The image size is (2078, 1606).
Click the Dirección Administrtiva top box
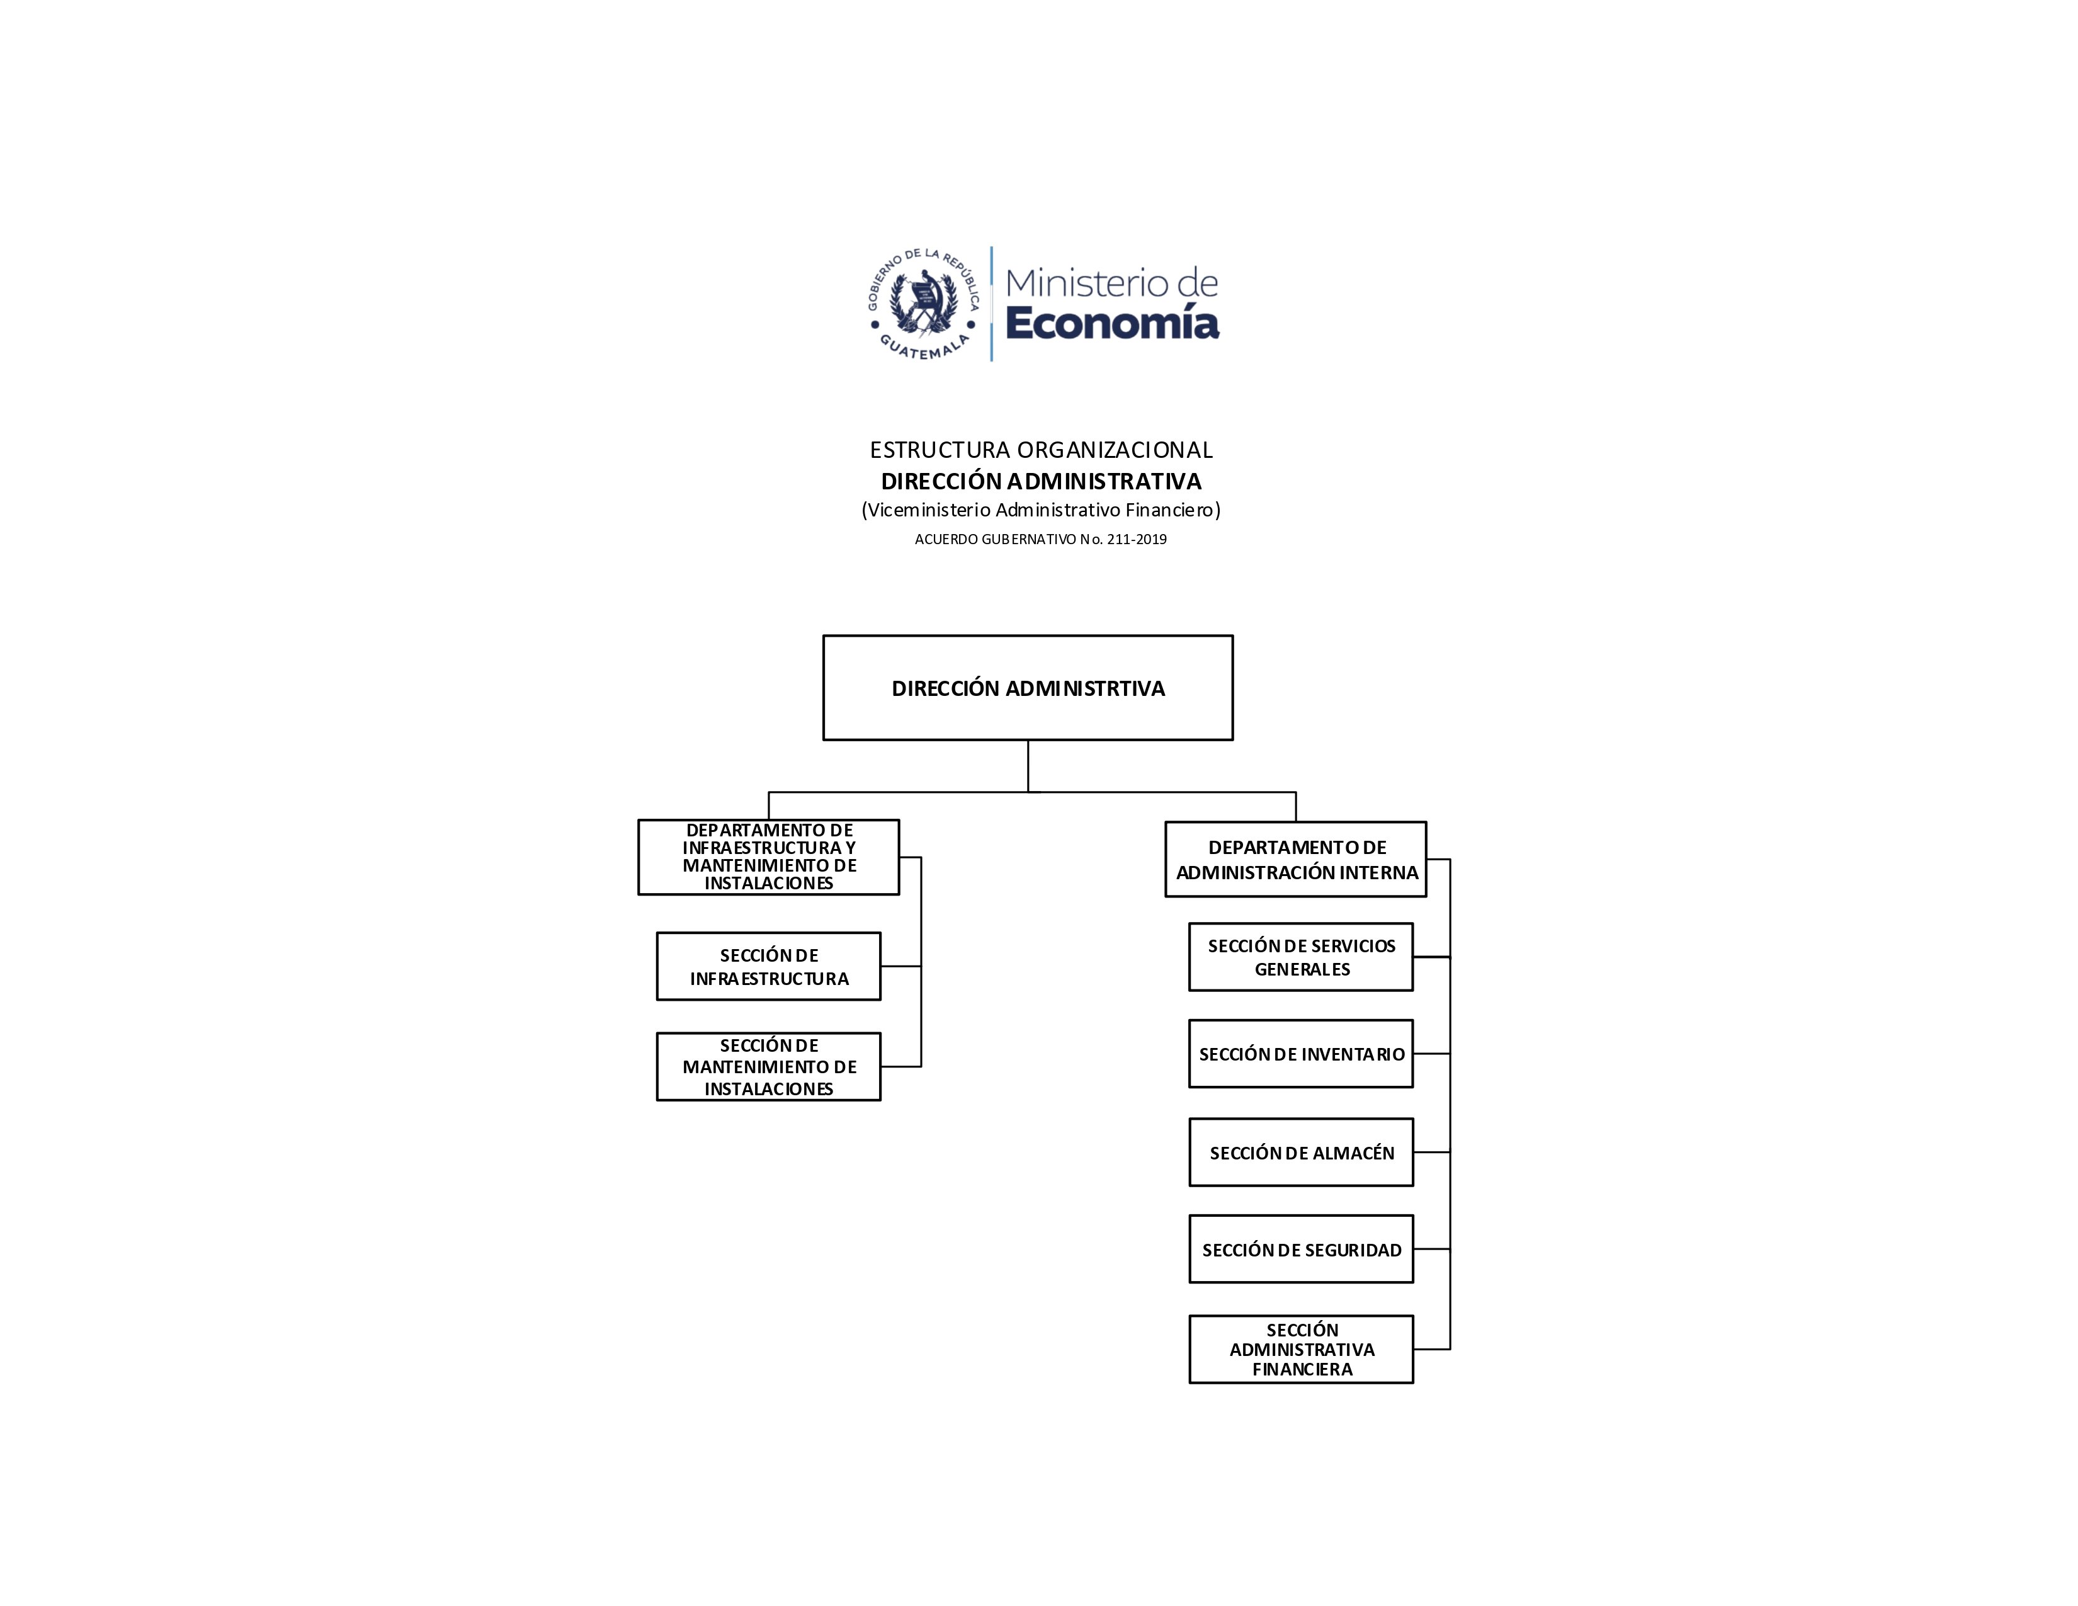coord(1028,688)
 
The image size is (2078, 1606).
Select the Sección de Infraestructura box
coord(769,967)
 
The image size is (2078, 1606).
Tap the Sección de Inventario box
coord(1301,1054)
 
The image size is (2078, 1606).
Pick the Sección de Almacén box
coord(1301,1152)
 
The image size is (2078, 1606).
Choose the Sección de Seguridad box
coord(1301,1250)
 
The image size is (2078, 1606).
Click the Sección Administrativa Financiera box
coord(1301,1349)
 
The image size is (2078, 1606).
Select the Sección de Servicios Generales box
coord(1301,957)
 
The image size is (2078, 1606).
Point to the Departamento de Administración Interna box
coord(1296,859)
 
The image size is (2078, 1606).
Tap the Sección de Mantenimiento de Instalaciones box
coord(769,1066)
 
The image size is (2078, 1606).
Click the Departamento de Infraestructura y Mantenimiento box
coord(769,857)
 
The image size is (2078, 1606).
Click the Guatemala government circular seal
coord(923,304)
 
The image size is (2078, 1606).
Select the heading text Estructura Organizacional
coord(1041,450)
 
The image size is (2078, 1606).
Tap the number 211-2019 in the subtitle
coord(1137,540)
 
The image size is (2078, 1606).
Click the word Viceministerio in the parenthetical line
coord(929,510)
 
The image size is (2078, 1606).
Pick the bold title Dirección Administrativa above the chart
coord(1041,481)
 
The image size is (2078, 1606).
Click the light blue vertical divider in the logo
coord(991,304)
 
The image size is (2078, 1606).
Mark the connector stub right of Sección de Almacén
coord(1432,1152)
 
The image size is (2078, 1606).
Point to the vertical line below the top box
coord(1028,766)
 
